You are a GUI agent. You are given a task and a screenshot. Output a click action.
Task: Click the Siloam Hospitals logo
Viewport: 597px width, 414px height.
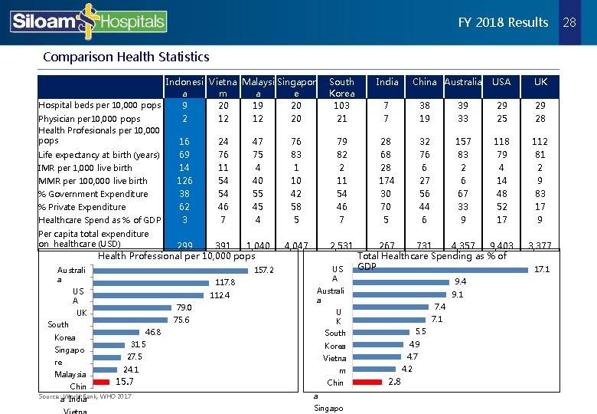click(x=88, y=21)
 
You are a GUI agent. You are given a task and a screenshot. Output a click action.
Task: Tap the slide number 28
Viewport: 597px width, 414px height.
click(x=569, y=22)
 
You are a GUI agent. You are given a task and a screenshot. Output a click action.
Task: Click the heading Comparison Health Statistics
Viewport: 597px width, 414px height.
click(x=126, y=57)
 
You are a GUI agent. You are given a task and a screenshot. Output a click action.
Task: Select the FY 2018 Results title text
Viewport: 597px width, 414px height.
click(x=503, y=22)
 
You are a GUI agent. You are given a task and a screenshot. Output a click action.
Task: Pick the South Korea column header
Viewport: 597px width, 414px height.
click(x=341, y=87)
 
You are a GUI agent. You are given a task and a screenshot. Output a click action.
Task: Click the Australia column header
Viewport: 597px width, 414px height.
click(x=463, y=81)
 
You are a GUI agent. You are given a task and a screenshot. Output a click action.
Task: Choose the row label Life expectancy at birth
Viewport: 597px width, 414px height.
click(x=99, y=155)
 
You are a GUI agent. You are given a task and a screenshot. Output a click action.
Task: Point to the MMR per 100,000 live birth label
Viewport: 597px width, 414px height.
click(x=93, y=181)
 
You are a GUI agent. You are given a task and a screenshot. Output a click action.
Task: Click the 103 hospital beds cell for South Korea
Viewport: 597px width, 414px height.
click(x=341, y=105)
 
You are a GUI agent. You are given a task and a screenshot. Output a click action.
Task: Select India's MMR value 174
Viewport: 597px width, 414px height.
click(x=387, y=181)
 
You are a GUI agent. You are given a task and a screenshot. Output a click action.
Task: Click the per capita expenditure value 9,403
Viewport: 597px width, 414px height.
click(x=501, y=246)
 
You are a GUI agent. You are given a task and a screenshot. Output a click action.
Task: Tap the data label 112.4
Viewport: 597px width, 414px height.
click(x=220, y=295)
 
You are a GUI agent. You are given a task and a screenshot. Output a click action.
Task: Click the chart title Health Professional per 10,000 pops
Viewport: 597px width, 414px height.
click(x=177, y=255)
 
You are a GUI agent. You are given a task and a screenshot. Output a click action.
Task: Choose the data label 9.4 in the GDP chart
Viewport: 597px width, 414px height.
click(x=460, y=282)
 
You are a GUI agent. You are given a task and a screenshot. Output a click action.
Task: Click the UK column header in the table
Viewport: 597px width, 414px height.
click(x=541, y=81)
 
